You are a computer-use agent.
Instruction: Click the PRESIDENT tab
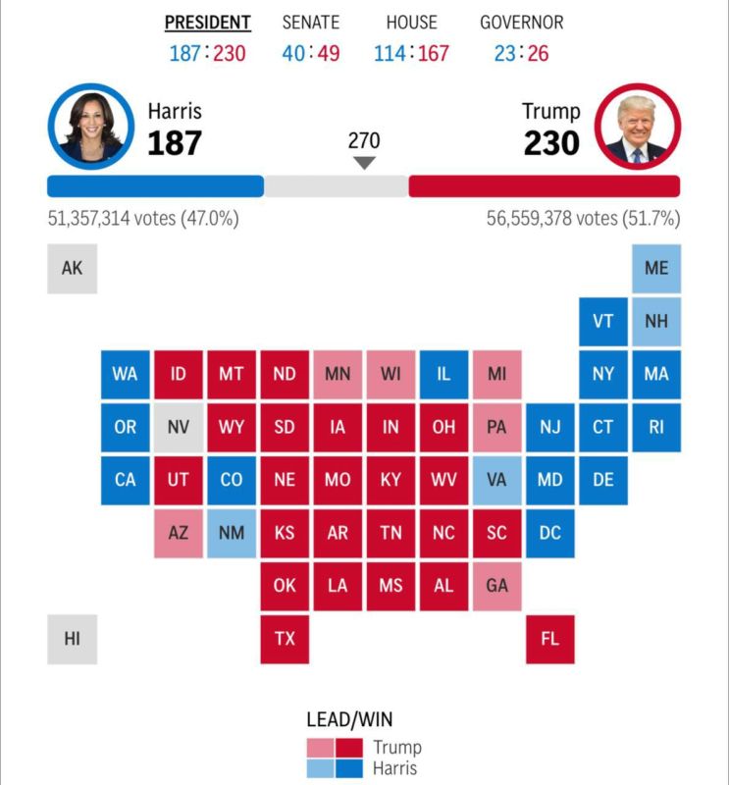(207, 23)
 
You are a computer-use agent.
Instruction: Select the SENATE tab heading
(311, 23)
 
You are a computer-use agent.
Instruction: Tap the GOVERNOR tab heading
(521, 23)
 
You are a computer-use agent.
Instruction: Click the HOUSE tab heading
(411, 23)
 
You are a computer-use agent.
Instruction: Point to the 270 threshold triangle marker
(364, 163)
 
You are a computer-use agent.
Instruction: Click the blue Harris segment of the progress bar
(155, 186)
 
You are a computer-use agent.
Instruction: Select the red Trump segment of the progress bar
(544, 186)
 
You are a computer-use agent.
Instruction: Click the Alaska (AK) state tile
(72, 268)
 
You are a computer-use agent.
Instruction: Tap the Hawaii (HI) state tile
(72, 639)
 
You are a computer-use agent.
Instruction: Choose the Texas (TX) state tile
(285, 639)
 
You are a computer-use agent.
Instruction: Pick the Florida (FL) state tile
(549, 639)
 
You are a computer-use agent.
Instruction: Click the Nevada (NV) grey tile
(179, 428)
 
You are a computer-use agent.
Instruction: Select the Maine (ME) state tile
(656, 268)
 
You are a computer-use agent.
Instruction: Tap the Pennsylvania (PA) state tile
(496, 428)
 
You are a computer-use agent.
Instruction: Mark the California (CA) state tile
(126, 481)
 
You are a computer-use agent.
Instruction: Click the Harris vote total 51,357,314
(111, 219)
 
